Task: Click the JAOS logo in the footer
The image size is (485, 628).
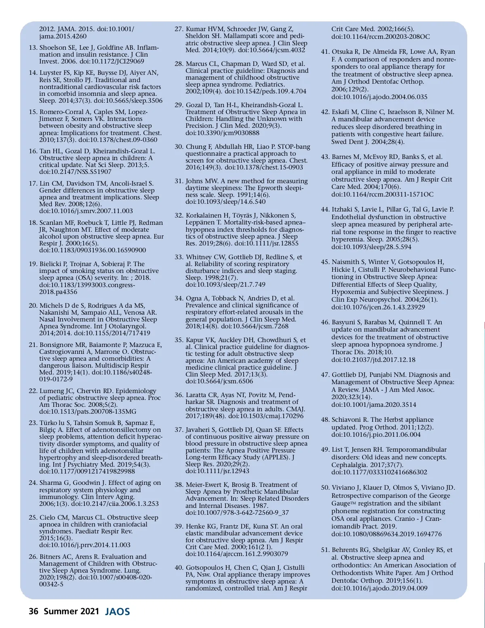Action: [x=118, y=611]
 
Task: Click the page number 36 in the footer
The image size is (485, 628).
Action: [x=34, y=611]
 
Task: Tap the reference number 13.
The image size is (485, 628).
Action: [x=33, y=48]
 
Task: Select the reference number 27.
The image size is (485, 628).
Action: [x=179, y=29]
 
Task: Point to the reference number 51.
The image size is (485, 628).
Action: [x=325, y=550]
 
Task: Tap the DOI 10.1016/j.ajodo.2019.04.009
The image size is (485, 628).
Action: [x=379, y=588]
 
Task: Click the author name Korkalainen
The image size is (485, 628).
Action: [x=206, y=216]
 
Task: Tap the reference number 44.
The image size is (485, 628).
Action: [x=325, y=209]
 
